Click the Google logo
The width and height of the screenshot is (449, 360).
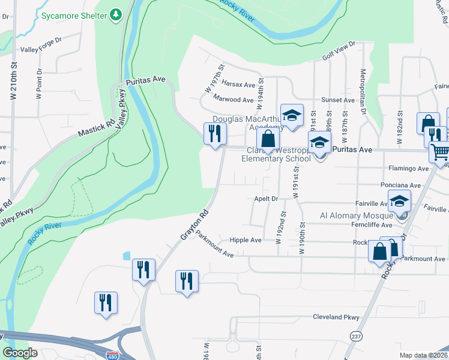point(20,353)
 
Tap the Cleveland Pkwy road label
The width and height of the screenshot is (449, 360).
point(336,317)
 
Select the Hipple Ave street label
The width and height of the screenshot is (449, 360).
point(246,240)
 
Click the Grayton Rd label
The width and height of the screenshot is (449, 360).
point(194,226)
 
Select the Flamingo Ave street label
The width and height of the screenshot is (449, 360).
point(408,169)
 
